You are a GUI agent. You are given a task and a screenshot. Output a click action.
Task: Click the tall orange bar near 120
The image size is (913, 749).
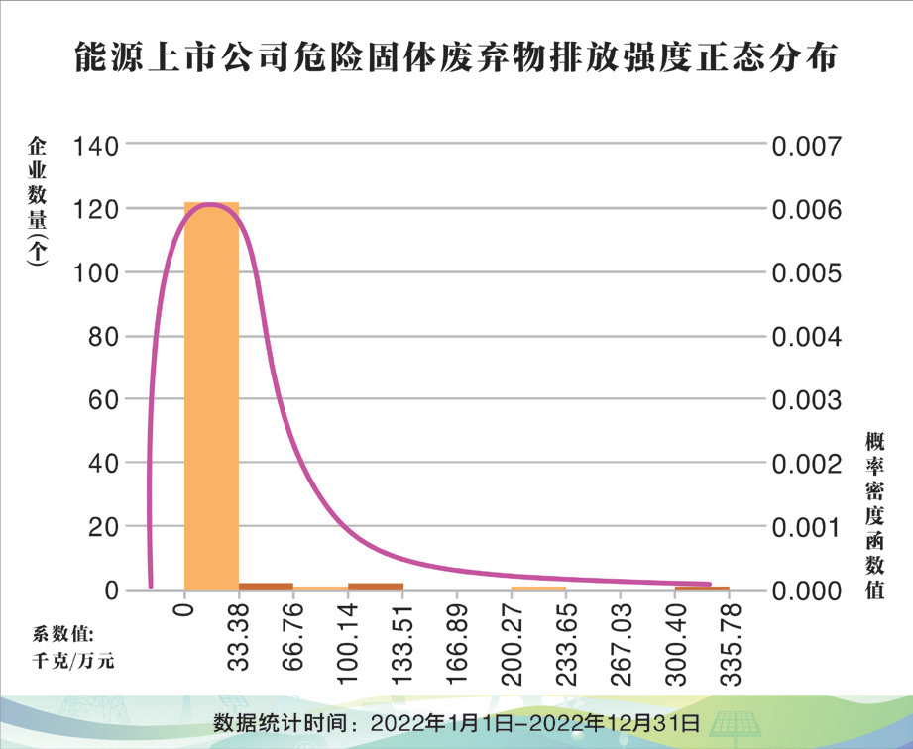[211, 396]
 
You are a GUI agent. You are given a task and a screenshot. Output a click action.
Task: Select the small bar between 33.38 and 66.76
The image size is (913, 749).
[266, 587]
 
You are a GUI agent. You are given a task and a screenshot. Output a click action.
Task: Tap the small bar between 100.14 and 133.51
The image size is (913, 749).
[376, 587]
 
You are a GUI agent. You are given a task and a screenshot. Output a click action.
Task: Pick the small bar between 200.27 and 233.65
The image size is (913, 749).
[538, 588]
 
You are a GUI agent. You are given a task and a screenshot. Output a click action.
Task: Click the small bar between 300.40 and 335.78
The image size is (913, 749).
[702, 588]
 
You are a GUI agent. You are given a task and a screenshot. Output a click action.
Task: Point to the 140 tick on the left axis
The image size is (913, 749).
[95, 145]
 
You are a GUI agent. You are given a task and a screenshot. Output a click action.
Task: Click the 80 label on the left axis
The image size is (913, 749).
[103, 337]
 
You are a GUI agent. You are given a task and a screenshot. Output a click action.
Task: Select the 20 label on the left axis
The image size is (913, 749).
[103, 527]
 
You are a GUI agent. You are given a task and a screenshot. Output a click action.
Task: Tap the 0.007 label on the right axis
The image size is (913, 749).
[807, 146]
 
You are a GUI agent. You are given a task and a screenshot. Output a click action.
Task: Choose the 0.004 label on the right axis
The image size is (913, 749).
[807, 337]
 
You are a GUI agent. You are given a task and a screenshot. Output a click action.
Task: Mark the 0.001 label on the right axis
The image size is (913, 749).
[807, 527]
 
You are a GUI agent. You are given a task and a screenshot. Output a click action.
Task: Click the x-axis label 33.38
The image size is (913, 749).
[239, 637]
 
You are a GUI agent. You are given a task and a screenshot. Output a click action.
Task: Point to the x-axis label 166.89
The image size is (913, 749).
[457, 644]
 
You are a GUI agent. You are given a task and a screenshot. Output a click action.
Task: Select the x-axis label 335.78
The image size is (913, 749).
[730, 644]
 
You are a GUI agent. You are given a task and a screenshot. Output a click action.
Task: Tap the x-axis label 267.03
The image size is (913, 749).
[621, 644]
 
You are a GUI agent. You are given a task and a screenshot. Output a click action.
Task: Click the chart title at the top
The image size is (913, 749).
[456, 57]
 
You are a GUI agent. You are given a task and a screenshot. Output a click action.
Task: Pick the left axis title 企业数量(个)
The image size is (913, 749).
[37, 201]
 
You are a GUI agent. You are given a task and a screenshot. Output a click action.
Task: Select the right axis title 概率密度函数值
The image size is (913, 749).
[874, 515]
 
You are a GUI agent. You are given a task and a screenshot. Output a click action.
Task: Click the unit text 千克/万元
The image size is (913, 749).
[72, 661]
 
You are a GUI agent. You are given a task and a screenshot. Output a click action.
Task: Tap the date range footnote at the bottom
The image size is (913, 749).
[456, 723]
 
